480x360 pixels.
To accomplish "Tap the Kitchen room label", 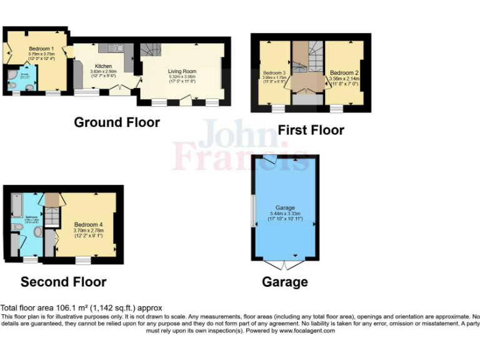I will point(103,66).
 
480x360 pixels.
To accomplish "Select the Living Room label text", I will point(181,71).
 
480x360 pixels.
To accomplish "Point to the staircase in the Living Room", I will point(150,50).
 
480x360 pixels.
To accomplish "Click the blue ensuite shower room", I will point(24,81).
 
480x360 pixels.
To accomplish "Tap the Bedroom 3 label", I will point(275,73).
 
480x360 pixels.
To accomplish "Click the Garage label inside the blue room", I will point(284,207).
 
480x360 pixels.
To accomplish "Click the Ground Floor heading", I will point(117,122).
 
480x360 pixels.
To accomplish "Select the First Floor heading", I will point(311,130).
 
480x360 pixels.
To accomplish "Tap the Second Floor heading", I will point(63,282).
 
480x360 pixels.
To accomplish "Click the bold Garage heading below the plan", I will point(284,282).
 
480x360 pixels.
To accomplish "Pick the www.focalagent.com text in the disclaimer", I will point(306,331).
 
